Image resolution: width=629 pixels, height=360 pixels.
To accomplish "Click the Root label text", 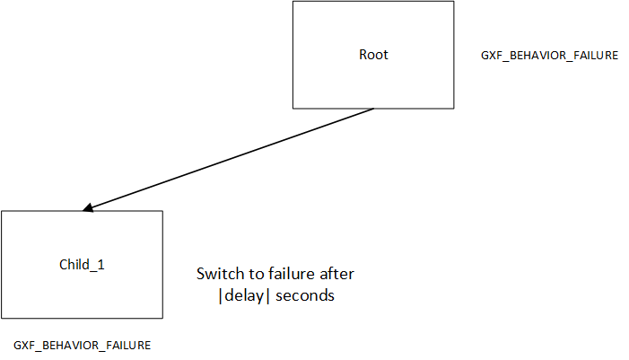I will point(373,55).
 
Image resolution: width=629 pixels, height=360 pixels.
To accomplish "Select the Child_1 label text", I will point(82,265).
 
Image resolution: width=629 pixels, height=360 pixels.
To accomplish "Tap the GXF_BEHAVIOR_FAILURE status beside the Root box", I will point(549,56).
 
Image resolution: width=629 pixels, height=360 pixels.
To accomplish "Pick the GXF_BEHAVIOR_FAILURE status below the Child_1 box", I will point(82,346).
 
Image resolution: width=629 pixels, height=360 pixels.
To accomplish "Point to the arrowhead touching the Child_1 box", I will point(87,209).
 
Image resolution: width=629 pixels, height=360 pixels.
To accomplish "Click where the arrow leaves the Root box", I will point(373,109).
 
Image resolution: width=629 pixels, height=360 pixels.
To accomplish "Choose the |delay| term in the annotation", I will point(238,295).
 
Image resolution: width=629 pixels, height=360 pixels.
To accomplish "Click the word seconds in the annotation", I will point(305,295).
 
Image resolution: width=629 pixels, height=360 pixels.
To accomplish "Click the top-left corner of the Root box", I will point(293,1).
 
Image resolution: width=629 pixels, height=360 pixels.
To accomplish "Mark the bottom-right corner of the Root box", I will point(453,109).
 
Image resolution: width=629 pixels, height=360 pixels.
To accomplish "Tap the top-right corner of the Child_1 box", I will point(162,211).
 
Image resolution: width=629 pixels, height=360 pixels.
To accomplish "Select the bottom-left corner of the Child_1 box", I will point(2,318).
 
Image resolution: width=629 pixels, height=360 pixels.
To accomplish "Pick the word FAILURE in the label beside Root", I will point(595,56).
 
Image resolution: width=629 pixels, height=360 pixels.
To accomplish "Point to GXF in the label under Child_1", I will point(24,346).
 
